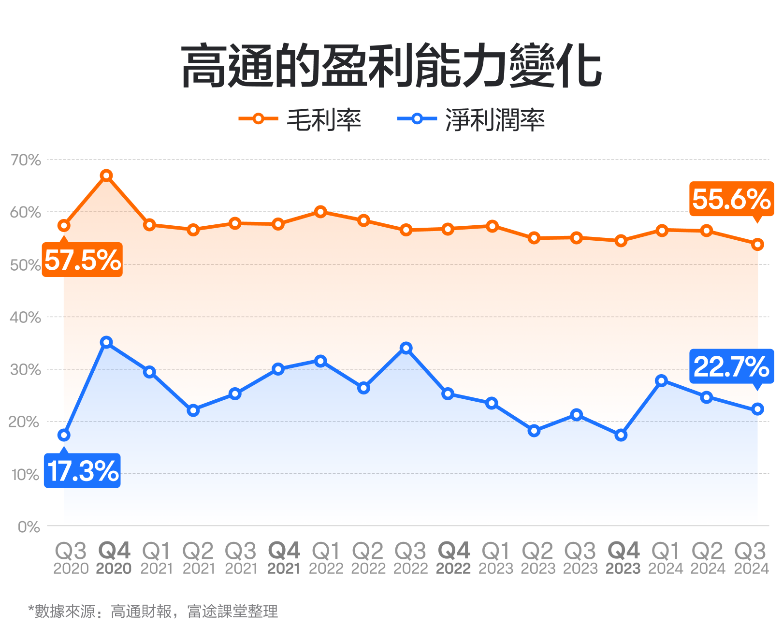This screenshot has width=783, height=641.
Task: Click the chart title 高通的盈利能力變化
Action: [x=391, y=66]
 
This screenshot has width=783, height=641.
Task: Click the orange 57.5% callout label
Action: [x=83, y=260]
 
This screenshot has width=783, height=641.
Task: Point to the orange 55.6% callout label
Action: [x=731, y=199]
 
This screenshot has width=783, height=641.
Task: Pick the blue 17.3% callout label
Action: [x=83, y=471]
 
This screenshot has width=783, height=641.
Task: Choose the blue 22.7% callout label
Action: [x=731, y=366]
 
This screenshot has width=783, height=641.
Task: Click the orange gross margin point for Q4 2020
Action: [x=106, y=175]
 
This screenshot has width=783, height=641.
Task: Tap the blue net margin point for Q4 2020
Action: [x=106, y=342]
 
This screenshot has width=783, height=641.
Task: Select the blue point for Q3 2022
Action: [x=406, y=348]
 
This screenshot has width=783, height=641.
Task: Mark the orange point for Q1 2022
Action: [x=320, y=212]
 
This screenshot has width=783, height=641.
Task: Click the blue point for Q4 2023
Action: [x=621, y=435]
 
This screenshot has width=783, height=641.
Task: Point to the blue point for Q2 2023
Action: [x=534, y=430]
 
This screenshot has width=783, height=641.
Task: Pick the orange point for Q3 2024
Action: [x=757, y=245]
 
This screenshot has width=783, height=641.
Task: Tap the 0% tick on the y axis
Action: [x=29, y=526]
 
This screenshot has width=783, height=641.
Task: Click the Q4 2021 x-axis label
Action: [x=284, y=558]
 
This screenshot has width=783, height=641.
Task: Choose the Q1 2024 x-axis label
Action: [x=665, y=558]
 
